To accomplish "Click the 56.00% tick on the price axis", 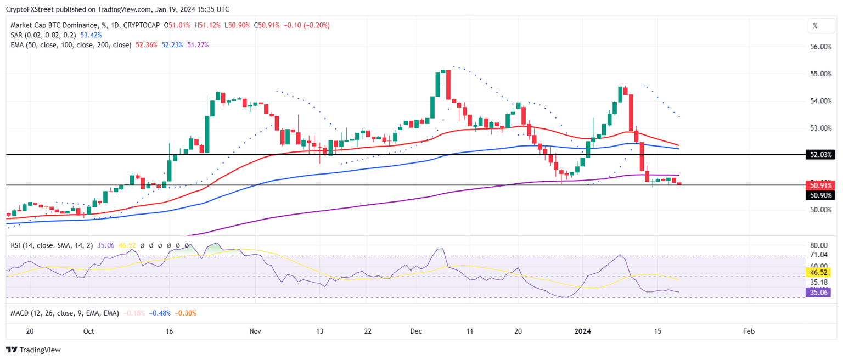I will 820,47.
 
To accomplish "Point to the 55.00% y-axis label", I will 820,74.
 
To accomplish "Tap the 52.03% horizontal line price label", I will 820,155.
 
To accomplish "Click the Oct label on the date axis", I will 88,331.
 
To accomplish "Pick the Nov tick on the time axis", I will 255,331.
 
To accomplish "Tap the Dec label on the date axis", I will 417,331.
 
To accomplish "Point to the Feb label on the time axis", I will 748,331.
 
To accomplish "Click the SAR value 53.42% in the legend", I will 91,35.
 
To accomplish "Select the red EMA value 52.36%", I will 145,44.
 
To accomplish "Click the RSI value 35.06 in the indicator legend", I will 105,245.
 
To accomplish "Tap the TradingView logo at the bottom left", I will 33,350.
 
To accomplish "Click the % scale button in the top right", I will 815,25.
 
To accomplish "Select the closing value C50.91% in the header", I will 266,25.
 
